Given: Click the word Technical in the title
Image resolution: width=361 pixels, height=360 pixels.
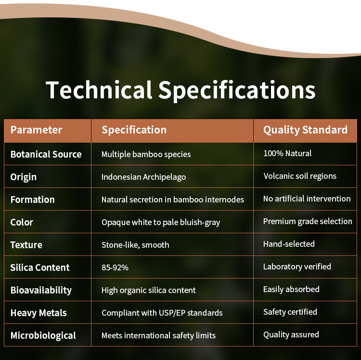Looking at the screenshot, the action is [99, 90].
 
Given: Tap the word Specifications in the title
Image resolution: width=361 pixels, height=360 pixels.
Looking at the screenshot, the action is [237, 91].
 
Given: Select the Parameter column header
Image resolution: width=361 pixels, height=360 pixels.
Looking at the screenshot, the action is [36, 130].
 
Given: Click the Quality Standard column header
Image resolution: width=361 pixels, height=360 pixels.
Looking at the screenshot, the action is [305, 130].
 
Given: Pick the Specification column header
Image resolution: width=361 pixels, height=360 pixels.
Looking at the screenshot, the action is [134, 130].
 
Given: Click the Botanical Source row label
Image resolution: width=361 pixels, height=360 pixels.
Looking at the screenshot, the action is [46, 154].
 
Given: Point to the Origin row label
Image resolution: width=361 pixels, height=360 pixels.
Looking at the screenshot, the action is [23, 177].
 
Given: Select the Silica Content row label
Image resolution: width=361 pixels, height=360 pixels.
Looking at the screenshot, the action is [40, 267].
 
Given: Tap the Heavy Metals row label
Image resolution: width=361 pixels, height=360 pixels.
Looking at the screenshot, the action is [39, 313].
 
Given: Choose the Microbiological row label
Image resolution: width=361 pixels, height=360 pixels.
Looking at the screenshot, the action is [43, 336].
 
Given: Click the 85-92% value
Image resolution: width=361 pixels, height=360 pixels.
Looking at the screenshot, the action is [115, 267].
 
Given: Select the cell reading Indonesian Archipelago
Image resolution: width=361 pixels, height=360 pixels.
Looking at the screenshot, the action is [143, 177].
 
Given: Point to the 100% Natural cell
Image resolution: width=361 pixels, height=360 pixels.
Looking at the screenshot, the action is [287, 153].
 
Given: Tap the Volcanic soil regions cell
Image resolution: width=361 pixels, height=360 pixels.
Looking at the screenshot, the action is [300, 176].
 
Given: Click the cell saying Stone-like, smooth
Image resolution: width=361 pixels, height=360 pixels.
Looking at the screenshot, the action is [135, 245].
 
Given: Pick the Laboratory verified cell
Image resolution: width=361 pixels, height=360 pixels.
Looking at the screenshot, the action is [297, 267].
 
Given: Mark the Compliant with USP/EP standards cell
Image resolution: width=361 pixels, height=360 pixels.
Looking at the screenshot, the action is [162, 313].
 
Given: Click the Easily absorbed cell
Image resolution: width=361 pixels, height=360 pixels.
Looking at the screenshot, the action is [291, 289].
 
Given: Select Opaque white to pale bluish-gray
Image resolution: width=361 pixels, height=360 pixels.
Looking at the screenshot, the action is [161, 222].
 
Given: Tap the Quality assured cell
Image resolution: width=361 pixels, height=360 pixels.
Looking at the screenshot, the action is [291, 334].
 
